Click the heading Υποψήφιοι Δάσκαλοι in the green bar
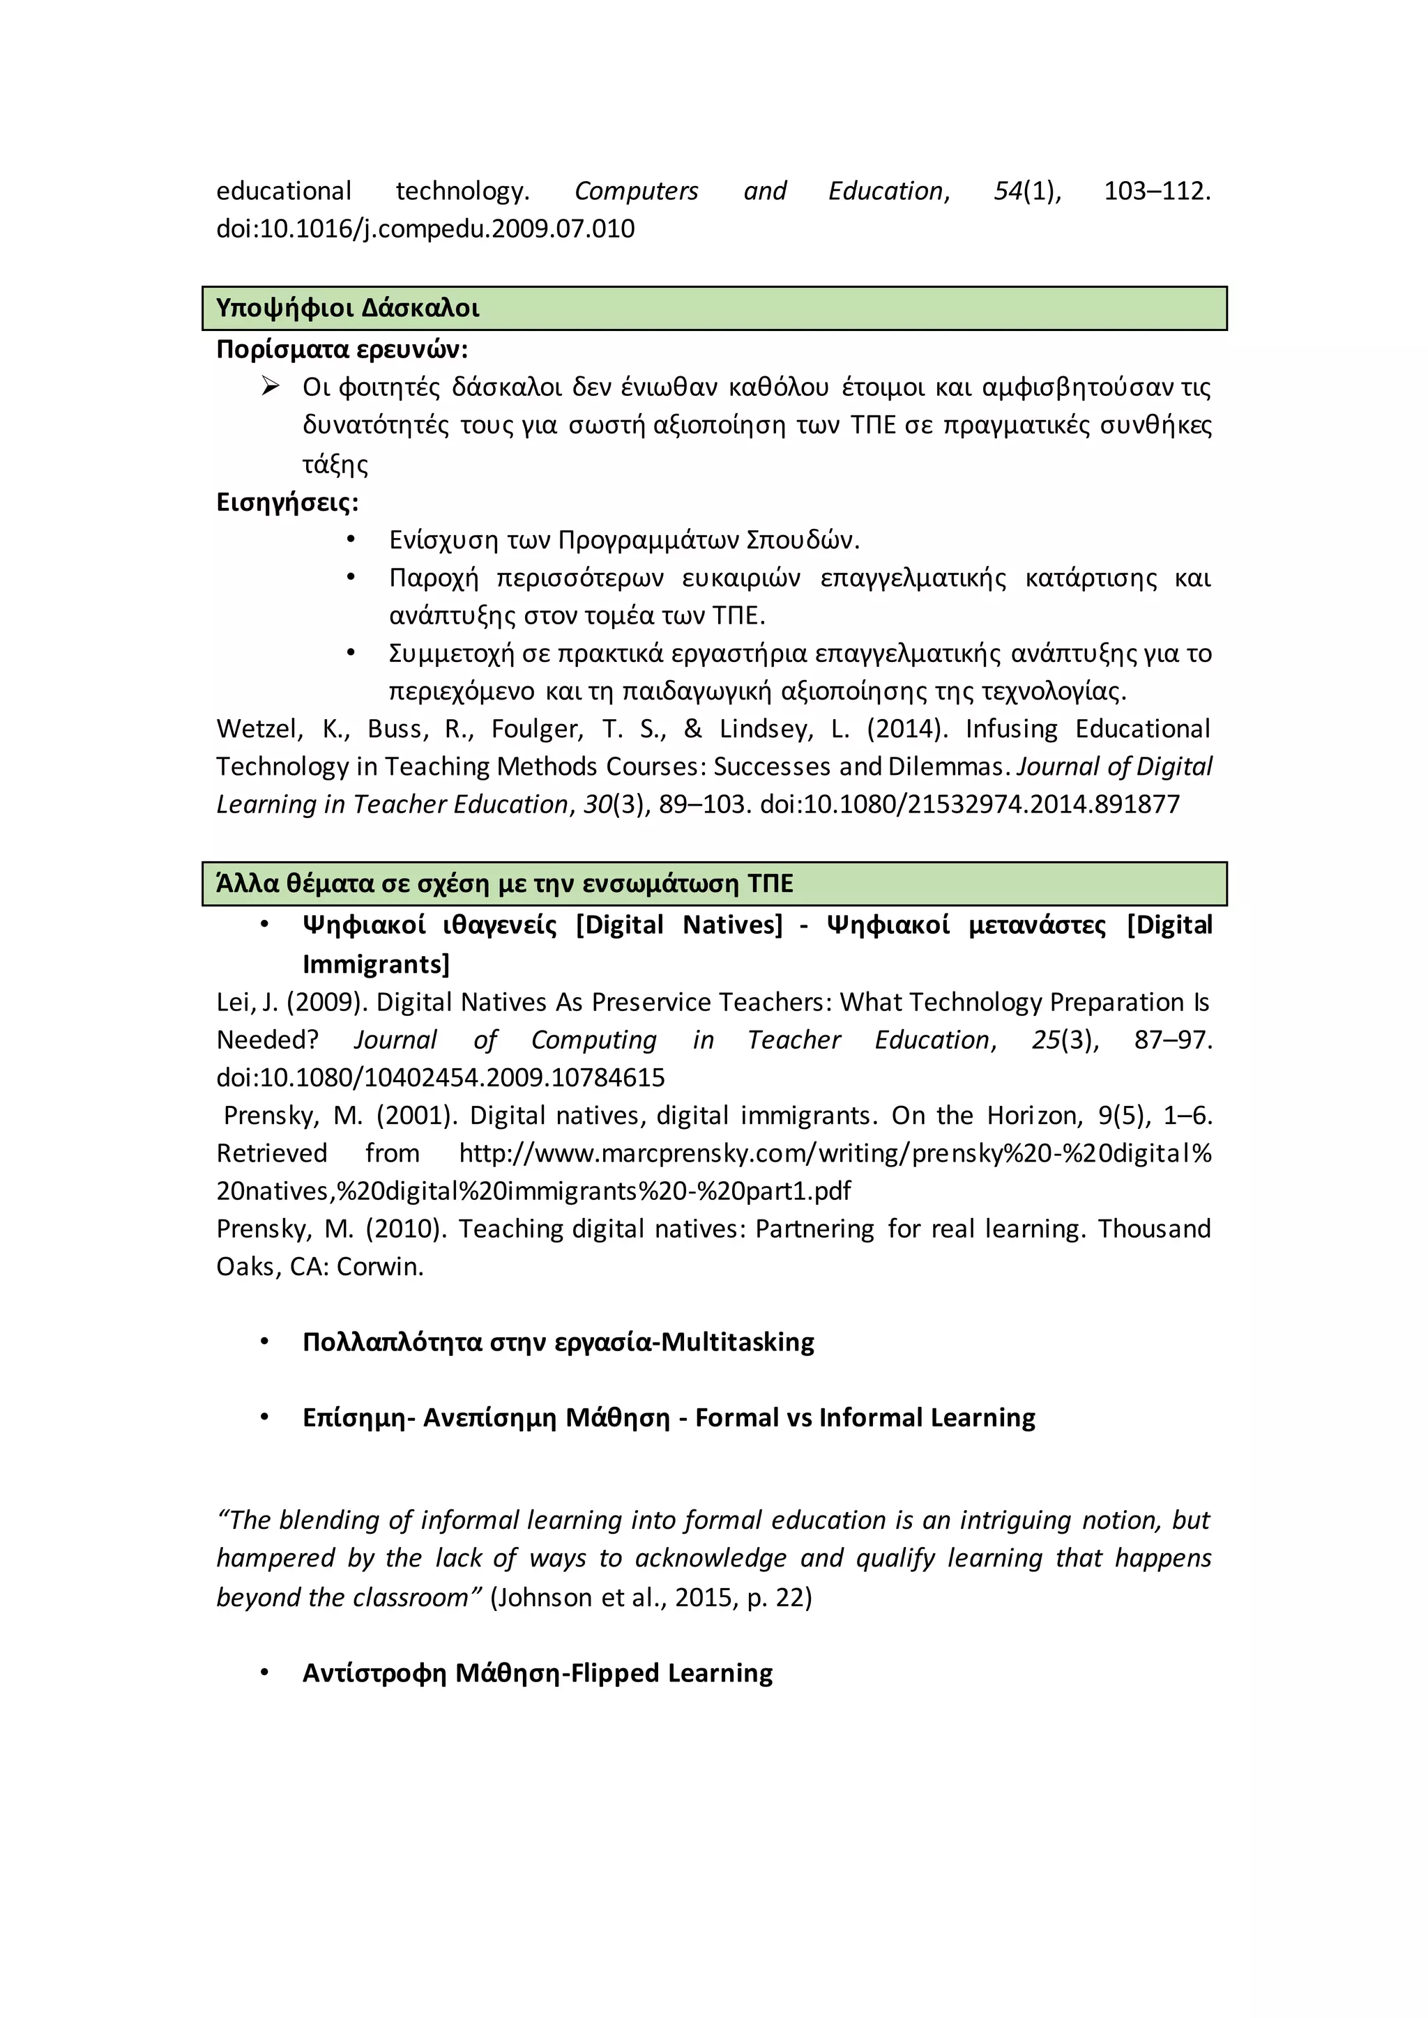tap(347, 309)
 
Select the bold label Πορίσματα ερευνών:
tap(342, 350)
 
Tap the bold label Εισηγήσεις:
tap(287, 502)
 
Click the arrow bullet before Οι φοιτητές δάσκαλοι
tap(270, 386)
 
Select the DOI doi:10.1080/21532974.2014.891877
tap(969, 804)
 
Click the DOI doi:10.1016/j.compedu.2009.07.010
tap(425, 229)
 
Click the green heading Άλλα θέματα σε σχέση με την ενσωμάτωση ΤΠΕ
tap(505, 884)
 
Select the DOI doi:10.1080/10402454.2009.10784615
tap(441, 1077)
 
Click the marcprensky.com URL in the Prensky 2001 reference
tap(835, 1153)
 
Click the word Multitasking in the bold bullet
tap(738, 1342)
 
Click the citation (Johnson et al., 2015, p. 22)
tap(651, 1597)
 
